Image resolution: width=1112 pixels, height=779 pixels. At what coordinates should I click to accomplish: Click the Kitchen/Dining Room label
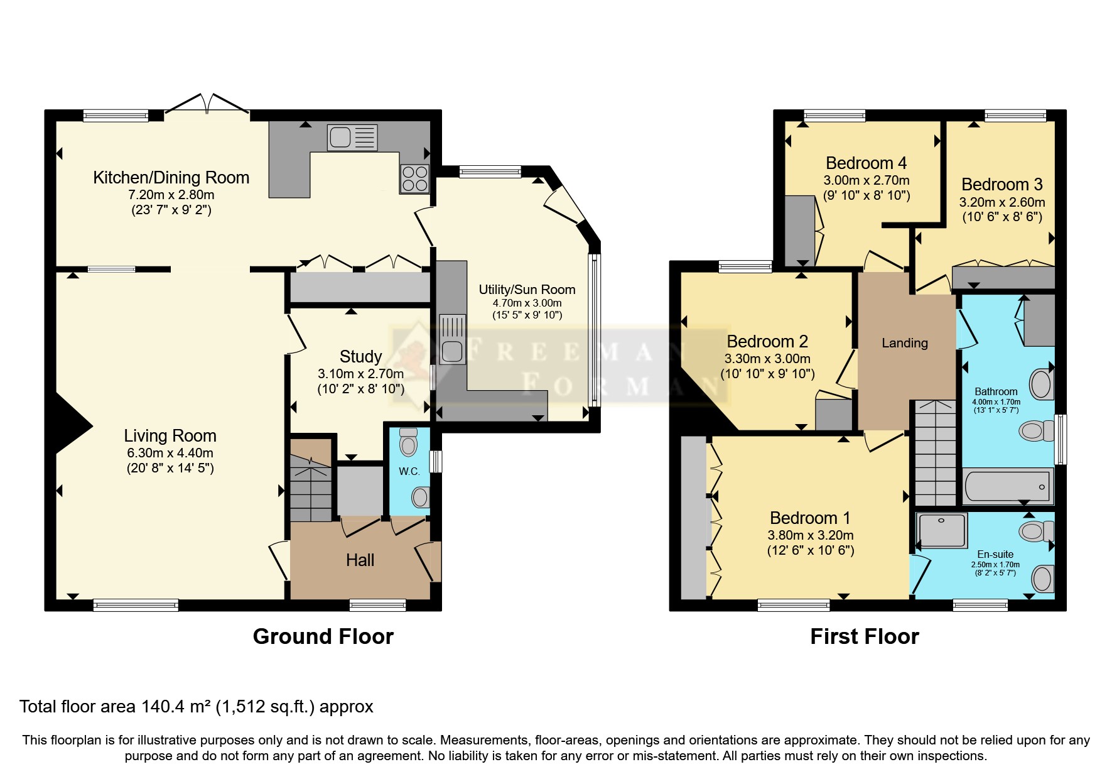[171, 178]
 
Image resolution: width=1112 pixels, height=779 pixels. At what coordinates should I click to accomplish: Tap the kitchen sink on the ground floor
[352, 137]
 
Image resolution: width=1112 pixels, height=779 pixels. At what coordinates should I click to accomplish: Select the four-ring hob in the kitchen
[414, 178]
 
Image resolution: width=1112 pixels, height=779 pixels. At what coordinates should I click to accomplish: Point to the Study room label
[360, 357]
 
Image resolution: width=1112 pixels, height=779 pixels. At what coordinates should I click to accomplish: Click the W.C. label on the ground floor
[409, 471]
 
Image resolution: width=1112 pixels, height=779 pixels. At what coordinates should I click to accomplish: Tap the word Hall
[360, 560]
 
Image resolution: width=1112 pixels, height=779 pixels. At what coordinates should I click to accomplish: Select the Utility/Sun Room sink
[451, 339]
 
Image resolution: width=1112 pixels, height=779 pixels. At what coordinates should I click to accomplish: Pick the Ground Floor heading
[323, 636]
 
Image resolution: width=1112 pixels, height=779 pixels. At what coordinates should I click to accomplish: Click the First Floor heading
[864, 636]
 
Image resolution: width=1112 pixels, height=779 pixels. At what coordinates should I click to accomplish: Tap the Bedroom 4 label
[866, 163]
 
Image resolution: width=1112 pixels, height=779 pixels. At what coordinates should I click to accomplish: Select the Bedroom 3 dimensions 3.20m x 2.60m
[1001, 202]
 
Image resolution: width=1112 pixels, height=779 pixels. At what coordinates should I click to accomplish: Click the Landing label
[904, 343]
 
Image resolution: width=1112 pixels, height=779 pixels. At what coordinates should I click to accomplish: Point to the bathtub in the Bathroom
[1007, 486]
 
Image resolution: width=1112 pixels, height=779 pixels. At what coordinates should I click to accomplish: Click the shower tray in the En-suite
[942, 530]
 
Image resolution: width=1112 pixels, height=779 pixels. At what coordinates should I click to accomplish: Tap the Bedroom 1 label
[810, 518]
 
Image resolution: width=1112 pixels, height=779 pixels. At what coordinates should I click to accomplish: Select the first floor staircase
[934, 452]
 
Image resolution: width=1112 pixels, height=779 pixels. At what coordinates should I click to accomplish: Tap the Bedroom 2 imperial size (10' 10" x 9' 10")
[767, 374]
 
